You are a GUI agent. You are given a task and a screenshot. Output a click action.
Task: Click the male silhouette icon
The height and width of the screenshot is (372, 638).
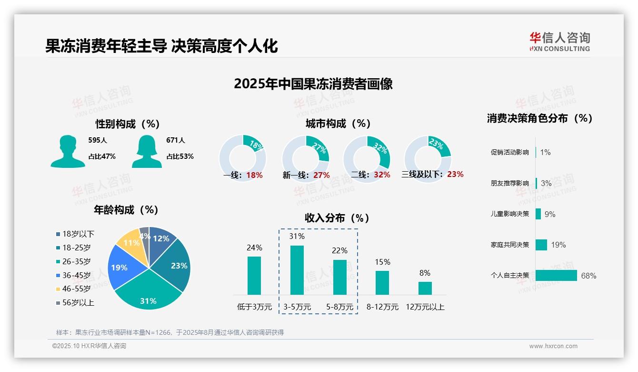tap(68, 151)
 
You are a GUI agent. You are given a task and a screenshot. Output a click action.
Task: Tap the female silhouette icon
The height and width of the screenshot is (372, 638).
tap(147, 151)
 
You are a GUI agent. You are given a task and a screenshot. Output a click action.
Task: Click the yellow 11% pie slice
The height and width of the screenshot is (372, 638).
tap(130, 244)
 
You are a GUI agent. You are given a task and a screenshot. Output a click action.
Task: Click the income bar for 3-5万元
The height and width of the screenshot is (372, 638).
tap(297, 270)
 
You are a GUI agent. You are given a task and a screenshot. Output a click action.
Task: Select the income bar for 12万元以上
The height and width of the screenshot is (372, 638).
tap(425, 288)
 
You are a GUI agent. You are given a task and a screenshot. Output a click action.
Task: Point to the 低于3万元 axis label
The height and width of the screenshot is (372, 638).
tap(254, 307)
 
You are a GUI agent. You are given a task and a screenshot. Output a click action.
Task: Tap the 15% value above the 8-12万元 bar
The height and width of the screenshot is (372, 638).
tap(382, 262)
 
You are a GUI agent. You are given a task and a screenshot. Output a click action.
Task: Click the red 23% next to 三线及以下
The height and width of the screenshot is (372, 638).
tap(455, 174)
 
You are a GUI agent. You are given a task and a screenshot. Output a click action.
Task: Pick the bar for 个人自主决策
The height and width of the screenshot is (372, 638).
tap(556, 276)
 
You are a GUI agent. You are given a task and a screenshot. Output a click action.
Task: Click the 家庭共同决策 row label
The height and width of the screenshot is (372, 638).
tap(509, 245)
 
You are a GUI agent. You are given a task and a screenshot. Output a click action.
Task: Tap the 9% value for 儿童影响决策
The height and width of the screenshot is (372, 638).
tap(550, 214)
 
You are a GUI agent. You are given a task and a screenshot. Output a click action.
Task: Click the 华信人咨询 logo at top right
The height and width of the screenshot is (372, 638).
tap(559, 41)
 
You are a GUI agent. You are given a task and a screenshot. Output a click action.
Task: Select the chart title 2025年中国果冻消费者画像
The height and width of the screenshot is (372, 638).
tap(313, 84)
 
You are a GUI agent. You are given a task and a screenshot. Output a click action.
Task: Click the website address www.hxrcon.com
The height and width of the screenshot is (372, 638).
tap(553, 346)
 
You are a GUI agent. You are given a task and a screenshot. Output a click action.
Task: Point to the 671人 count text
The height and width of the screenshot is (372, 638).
tap(176, 140)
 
